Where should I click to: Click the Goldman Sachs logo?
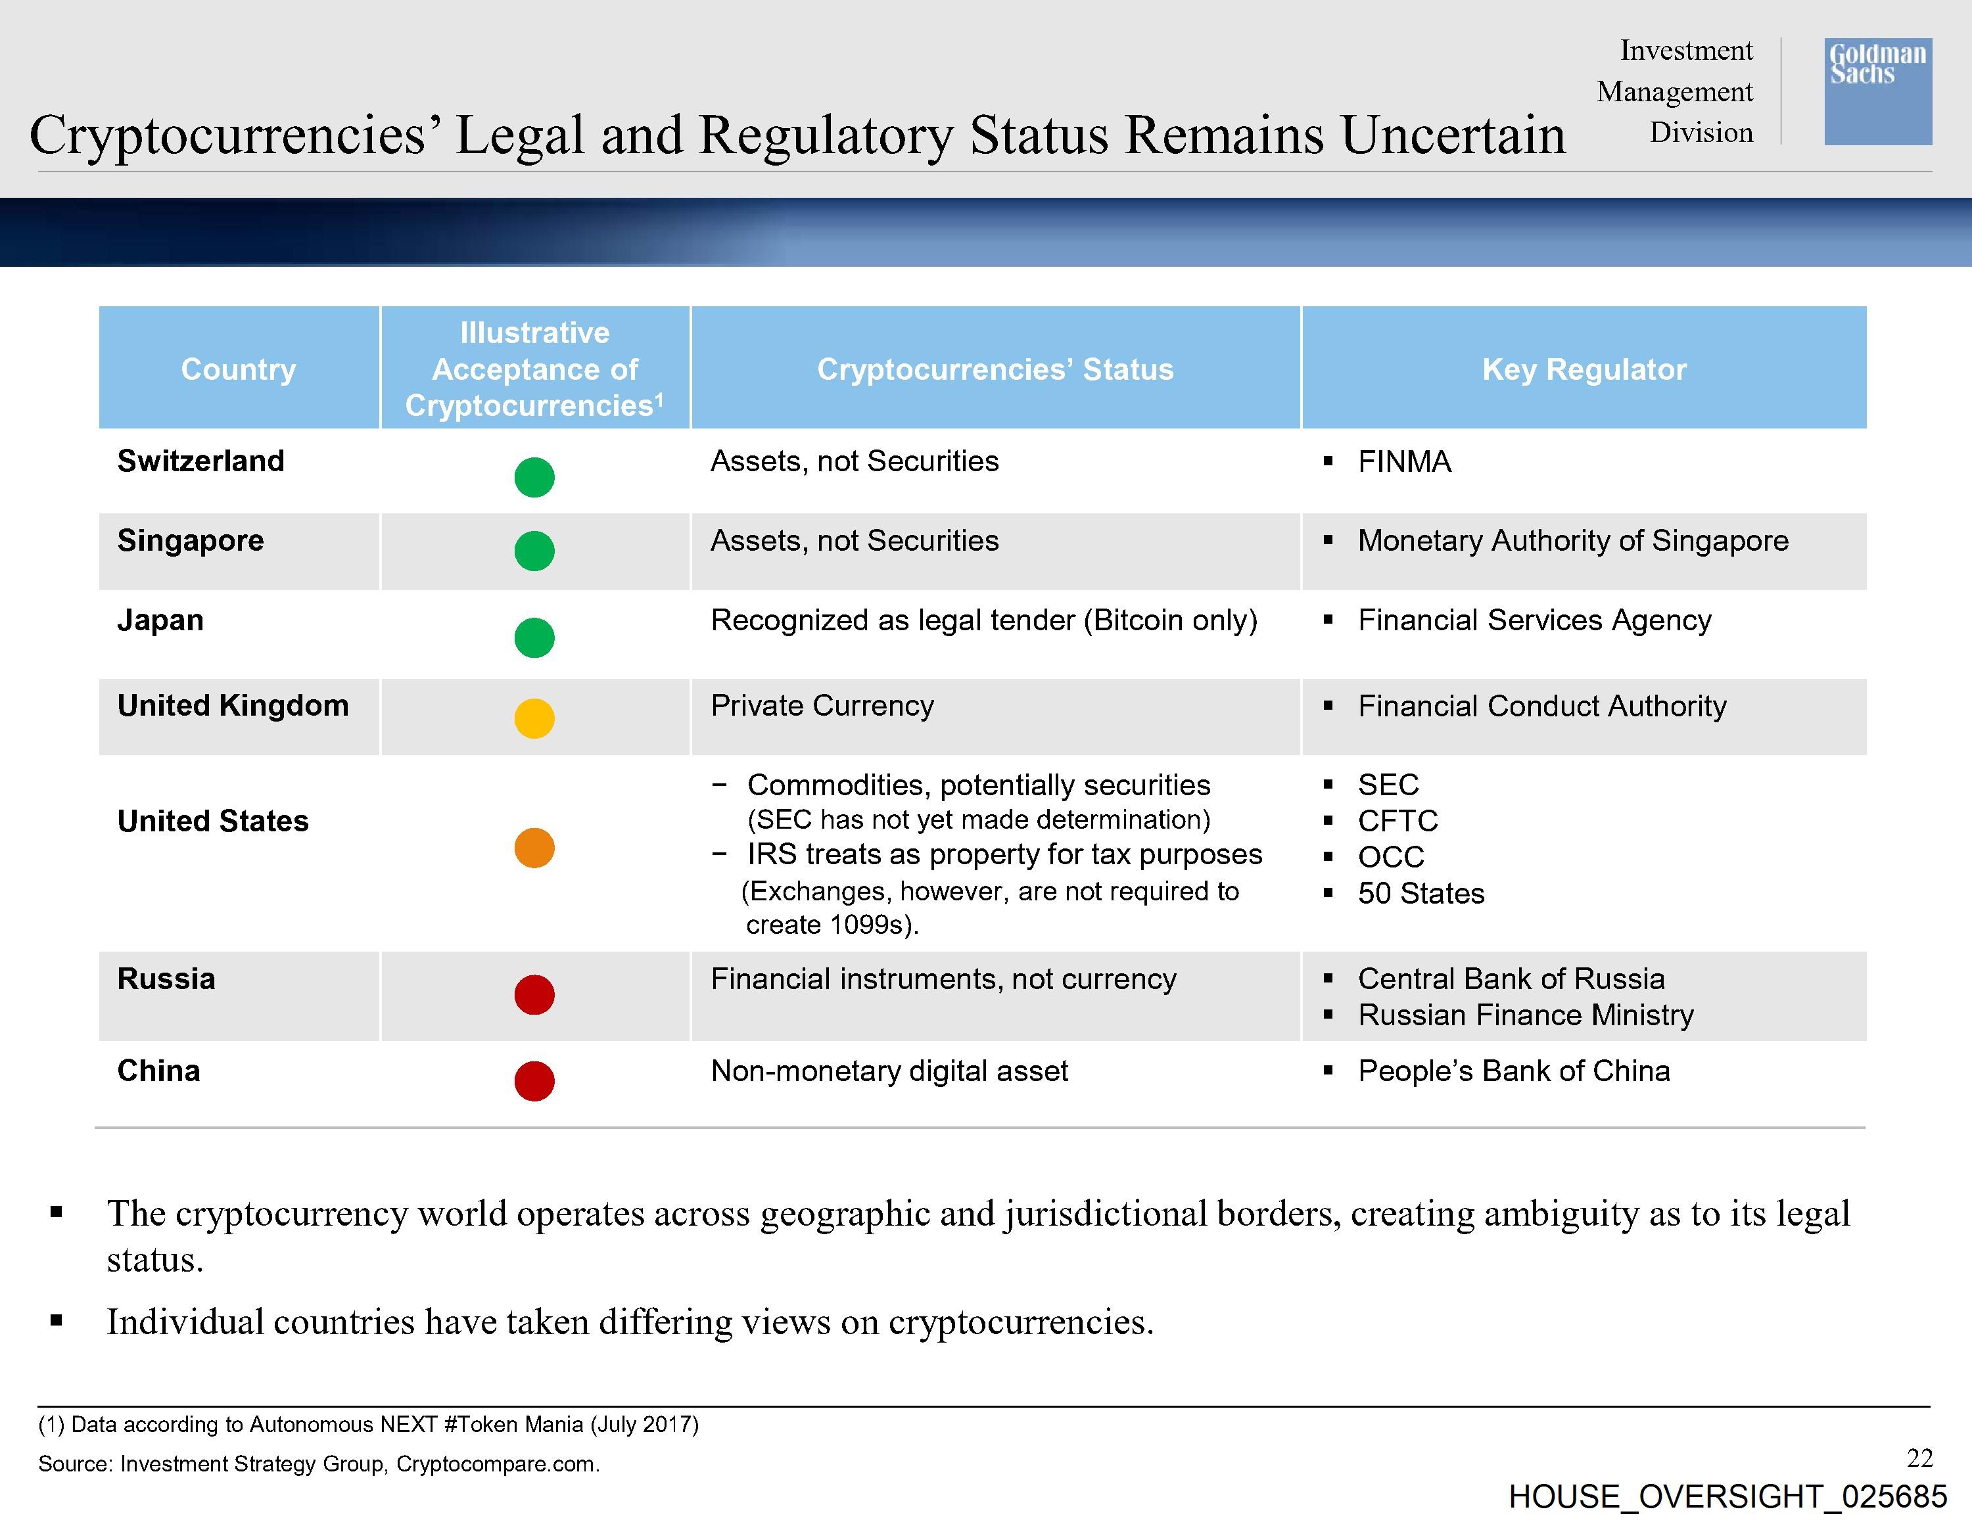click(x=1878, y=91)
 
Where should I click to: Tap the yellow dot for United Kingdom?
click(x=534, y=719)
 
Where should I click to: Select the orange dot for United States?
click(x=534, y=848)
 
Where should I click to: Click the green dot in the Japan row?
click(x=534, y=638)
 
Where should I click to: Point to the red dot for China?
click(x=534, y=1080)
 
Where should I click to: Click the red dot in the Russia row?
click(x=534, y=995)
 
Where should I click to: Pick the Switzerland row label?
click(x=200, y=461)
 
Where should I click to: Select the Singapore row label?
click(x=191, y=541)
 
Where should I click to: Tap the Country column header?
click(x=239, y=369)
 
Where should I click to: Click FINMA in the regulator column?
click(x=1404, y=461)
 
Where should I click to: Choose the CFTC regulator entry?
click(x=1397, y=821)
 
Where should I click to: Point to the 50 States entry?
click(x=1421, y=893)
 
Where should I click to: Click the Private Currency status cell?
click(x=822, y=706)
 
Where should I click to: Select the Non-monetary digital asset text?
click(x=889, y=1071)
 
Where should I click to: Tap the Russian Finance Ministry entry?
click(x=1526, y=1015)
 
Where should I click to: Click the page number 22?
click(x=1919, y=1458)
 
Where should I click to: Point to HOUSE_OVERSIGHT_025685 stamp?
click(x=1727, y=1497)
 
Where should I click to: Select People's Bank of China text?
click(x=1514, y=1071)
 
